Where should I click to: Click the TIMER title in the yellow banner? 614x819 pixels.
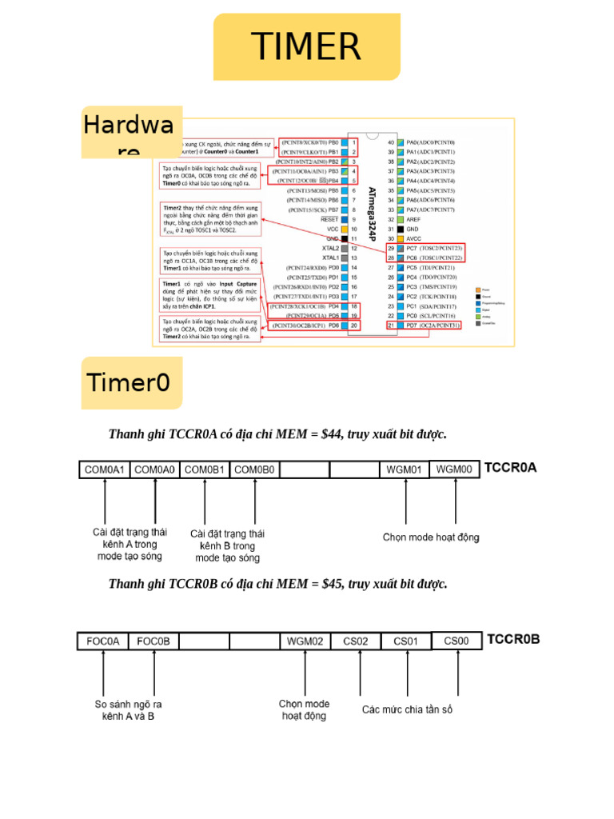[306, 47]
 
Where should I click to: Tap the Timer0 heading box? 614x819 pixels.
[130, 382]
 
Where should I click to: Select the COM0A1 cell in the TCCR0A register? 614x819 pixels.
[104, 470]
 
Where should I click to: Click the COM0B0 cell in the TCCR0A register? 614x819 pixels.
[254, 470]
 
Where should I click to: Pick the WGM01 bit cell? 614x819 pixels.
[405, 470]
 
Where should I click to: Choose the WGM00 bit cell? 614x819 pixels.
[454, 469]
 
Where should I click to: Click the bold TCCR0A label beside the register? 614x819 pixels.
[511, 469]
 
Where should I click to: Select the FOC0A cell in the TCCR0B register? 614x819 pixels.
[103, 641]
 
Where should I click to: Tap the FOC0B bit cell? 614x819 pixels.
[153, 641]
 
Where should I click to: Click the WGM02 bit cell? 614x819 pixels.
[305, 641]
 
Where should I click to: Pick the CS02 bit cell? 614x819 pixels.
[356, 641]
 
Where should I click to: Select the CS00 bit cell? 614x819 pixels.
[457, 641]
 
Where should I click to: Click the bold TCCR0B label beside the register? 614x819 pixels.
[513, 640]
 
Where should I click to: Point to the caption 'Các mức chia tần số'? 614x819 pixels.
[407, 709]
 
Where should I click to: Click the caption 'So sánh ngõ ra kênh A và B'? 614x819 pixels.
[128, 710]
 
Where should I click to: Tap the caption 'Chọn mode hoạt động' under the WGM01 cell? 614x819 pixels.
[431, 537]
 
